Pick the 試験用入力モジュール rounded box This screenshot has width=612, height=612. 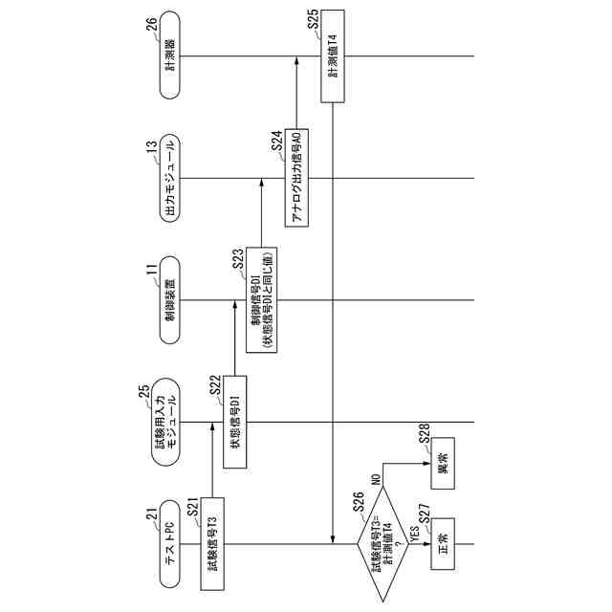pyautogui.click(x=164, y=422)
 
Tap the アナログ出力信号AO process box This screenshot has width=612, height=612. pyautogui.click(x=295, y=179)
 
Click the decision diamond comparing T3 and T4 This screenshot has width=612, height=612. pyautogui.click(x=381, y=545)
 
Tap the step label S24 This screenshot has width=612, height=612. pyautogui.click(x=275, y=143)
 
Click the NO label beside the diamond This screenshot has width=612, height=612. pyautogui.click(x=377, y=478)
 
